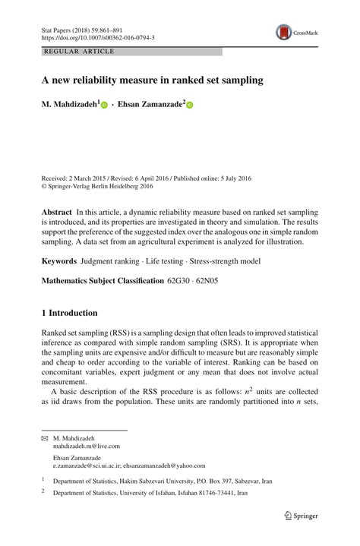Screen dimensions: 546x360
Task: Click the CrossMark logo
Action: tap(297, 32)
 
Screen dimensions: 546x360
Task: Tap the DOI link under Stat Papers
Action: tap(97, 37)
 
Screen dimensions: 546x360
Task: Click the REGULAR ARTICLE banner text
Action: tap(80, 52)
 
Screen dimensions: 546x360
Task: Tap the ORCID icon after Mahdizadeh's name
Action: tap(105, 106)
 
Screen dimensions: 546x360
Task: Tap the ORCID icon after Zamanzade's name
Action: tap(190, 106)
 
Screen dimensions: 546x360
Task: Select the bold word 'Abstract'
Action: tap(57, 213)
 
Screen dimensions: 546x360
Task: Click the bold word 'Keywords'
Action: tap(58, 261)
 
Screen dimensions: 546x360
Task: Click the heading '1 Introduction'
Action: tap(69, 313)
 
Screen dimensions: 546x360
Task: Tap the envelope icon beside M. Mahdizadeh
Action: tap(44, 440)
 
